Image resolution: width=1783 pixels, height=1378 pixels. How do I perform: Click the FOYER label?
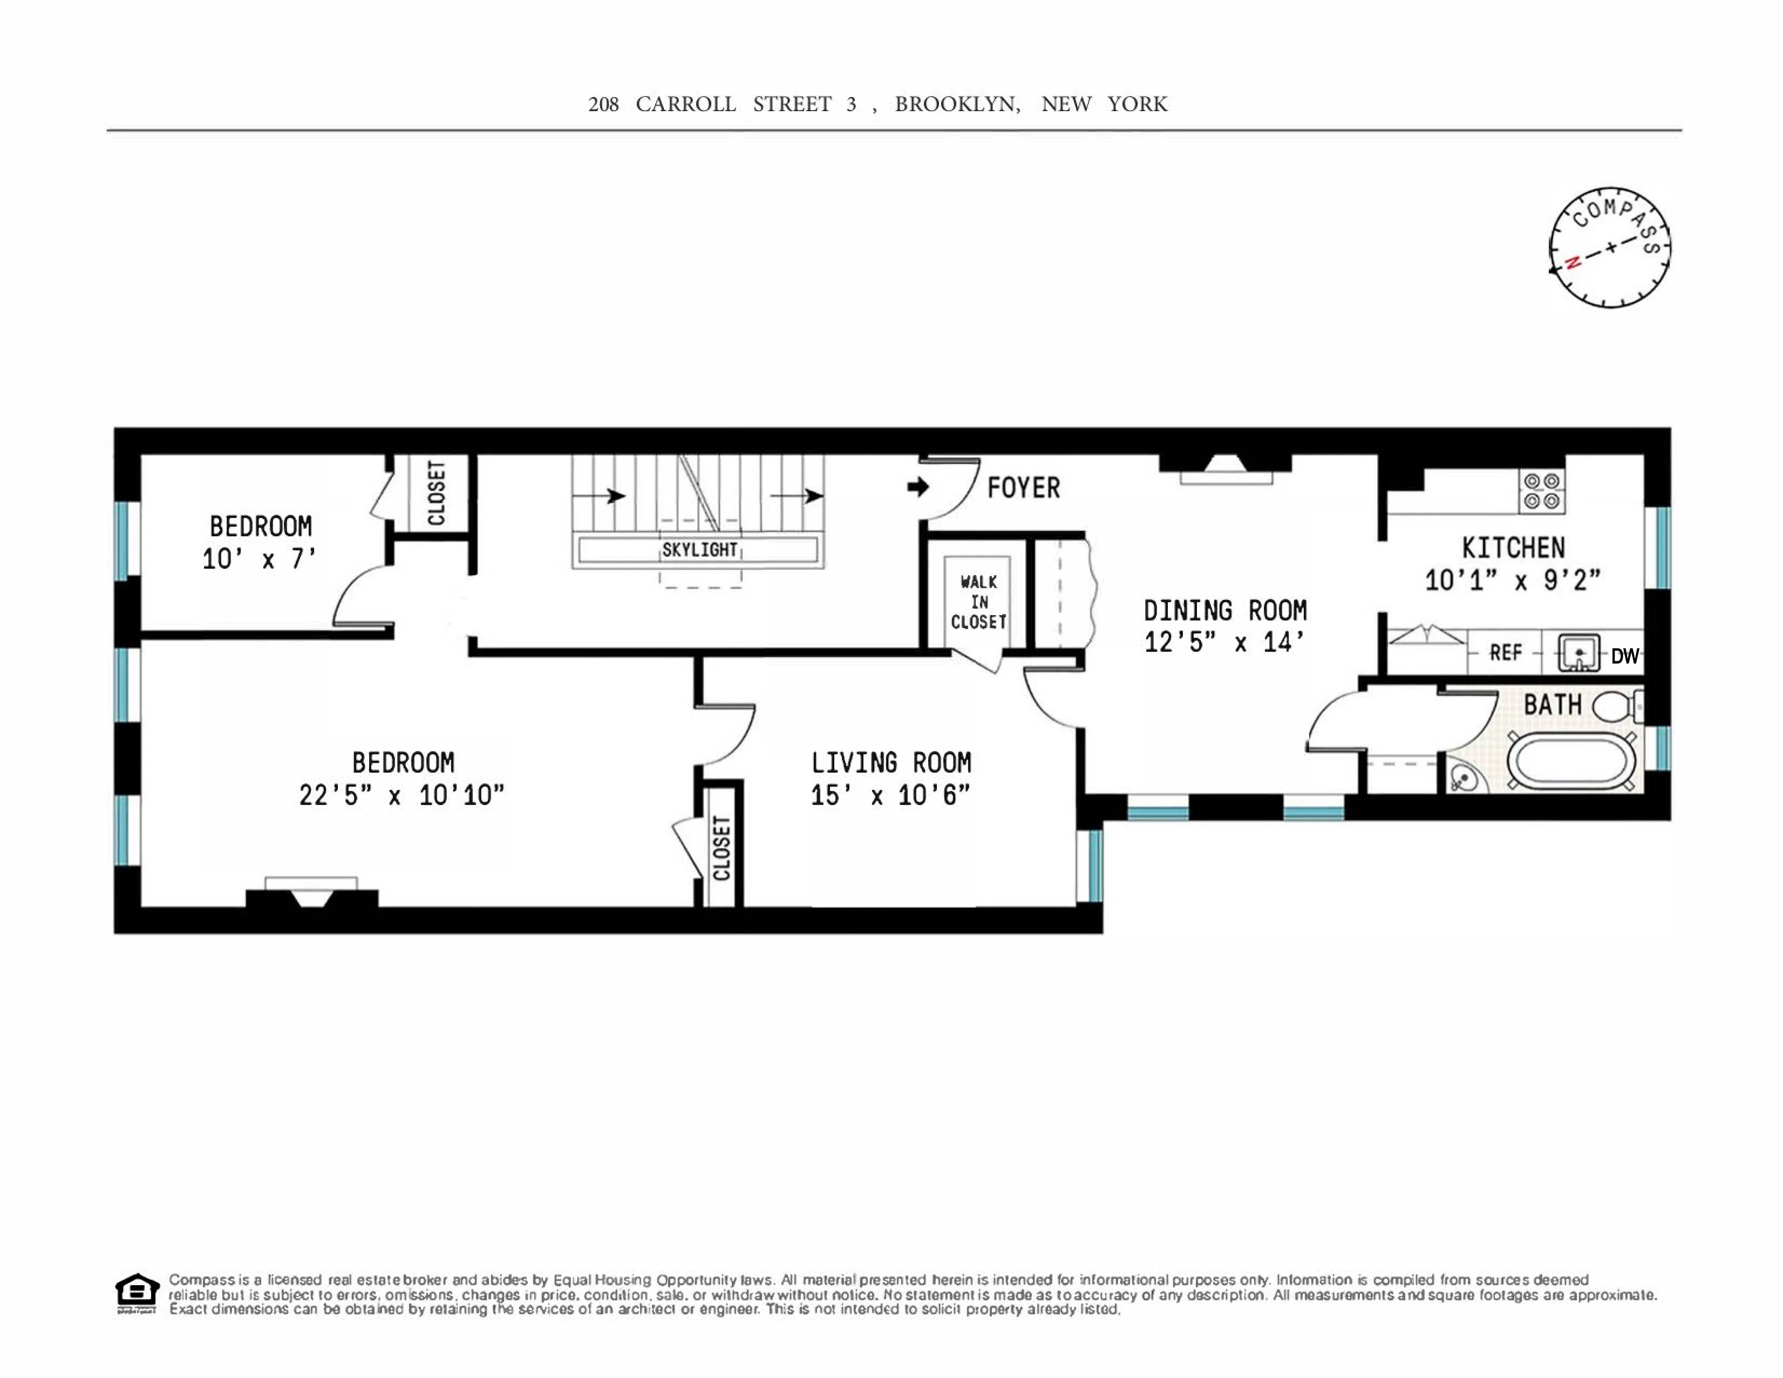[x=1023, y=488]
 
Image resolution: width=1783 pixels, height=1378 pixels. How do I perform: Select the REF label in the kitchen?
[x=1506, y=653]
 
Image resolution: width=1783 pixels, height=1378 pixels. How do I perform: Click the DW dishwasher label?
[x=1625, y=656]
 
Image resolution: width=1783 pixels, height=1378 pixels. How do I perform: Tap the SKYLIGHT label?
[x=699, y=550]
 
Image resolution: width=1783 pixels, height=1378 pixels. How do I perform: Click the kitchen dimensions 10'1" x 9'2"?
[x=1513, y=581]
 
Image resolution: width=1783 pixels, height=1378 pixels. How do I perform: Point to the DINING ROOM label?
[x=1224, y=611]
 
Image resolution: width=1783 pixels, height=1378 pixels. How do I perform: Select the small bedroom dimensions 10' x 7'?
[x=259, y=559]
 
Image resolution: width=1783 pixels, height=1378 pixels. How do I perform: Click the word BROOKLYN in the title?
[x=957, y=105]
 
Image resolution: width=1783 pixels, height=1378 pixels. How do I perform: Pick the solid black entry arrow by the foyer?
[x=917, y=487]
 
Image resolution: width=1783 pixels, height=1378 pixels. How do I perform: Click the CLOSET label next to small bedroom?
[x=437, y=493]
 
